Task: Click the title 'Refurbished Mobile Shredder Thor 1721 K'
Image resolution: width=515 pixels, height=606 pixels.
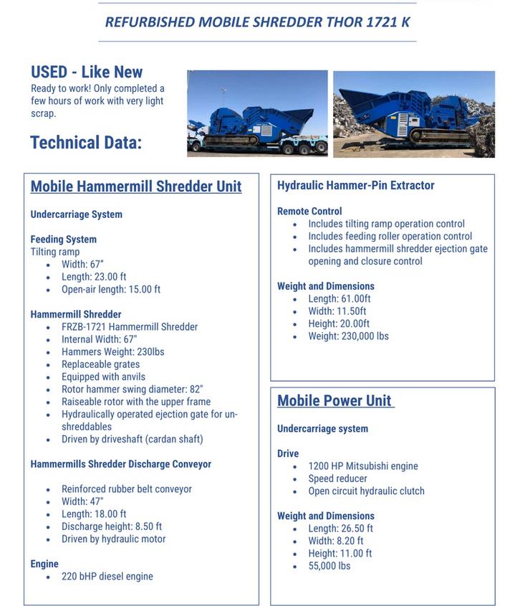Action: (257, 22)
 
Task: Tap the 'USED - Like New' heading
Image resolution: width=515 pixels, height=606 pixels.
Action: (87, 72)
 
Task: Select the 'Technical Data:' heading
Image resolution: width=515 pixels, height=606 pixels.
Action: (86, 142)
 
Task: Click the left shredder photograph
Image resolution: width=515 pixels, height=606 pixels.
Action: (257, 113)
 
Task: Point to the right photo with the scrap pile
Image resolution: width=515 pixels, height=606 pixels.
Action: (413, 113)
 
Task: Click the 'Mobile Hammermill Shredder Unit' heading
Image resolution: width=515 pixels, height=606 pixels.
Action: (136, 186)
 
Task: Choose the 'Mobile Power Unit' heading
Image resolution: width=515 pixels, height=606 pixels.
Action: (334, 400)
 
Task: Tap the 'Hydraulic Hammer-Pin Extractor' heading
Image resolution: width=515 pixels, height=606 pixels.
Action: (355, 185)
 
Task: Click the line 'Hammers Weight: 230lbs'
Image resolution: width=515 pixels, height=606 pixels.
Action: (113, 351)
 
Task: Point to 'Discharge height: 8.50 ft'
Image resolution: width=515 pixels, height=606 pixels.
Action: (112, 526)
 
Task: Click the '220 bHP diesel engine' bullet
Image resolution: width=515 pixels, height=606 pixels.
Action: (107, 576)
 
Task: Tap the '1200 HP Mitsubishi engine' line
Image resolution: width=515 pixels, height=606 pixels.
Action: (363, 466)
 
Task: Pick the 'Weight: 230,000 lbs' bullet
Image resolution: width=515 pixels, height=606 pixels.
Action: (349, 336)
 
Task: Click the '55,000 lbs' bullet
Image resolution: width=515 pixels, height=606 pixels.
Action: (329, 566)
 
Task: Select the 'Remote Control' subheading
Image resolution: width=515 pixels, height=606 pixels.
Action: (309, 211)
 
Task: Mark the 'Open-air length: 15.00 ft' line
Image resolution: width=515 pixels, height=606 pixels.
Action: (111, 289)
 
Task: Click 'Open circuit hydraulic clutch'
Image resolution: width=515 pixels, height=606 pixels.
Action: (367, 491)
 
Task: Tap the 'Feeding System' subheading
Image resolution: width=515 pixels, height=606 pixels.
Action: (64, 239)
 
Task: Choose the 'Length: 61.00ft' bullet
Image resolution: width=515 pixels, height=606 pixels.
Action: (340, 298)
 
